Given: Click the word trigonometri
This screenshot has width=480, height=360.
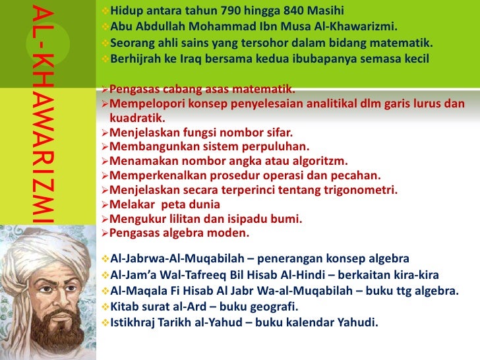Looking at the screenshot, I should [361, 191].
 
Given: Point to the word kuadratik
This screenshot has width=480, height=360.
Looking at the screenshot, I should [137, 118].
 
